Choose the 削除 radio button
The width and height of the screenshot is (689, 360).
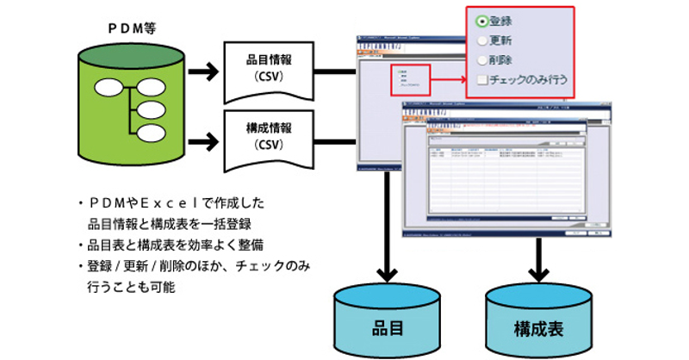(x=482, y=60)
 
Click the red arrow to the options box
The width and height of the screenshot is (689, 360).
(x=448, y=84)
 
